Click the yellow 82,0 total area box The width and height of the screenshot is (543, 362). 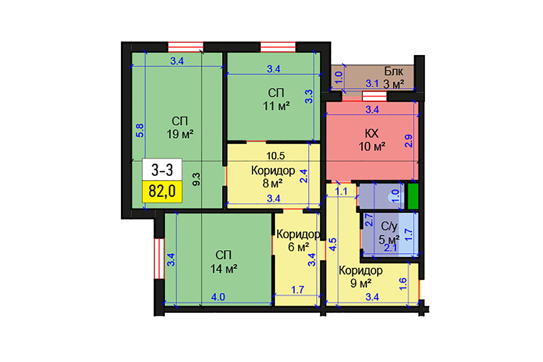(162, 191)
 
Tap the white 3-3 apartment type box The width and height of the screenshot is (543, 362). (162, 169)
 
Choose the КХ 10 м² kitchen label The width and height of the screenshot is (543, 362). (372, 140)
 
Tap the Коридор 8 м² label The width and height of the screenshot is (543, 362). (273, 177)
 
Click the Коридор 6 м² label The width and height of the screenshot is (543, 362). (298, 241)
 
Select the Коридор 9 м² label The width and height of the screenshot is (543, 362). (361, 277)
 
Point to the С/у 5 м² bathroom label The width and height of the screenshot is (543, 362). (389, 233)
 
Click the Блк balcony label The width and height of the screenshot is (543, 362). (393, 71)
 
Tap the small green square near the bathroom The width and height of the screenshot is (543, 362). (413, 196)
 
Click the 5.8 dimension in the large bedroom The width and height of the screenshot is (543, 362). (140, 130)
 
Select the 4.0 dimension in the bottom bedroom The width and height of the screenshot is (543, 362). (218, 297)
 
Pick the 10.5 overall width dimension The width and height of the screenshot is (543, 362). (275, 156)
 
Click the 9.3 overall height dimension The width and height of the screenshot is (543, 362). (196, 179)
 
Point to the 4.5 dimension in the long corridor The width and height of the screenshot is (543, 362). (333, 244)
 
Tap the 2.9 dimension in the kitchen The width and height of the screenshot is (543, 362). (408, 141)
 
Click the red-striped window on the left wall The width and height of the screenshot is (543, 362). (159, 258)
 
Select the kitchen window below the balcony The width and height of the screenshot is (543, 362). (374, 96)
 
